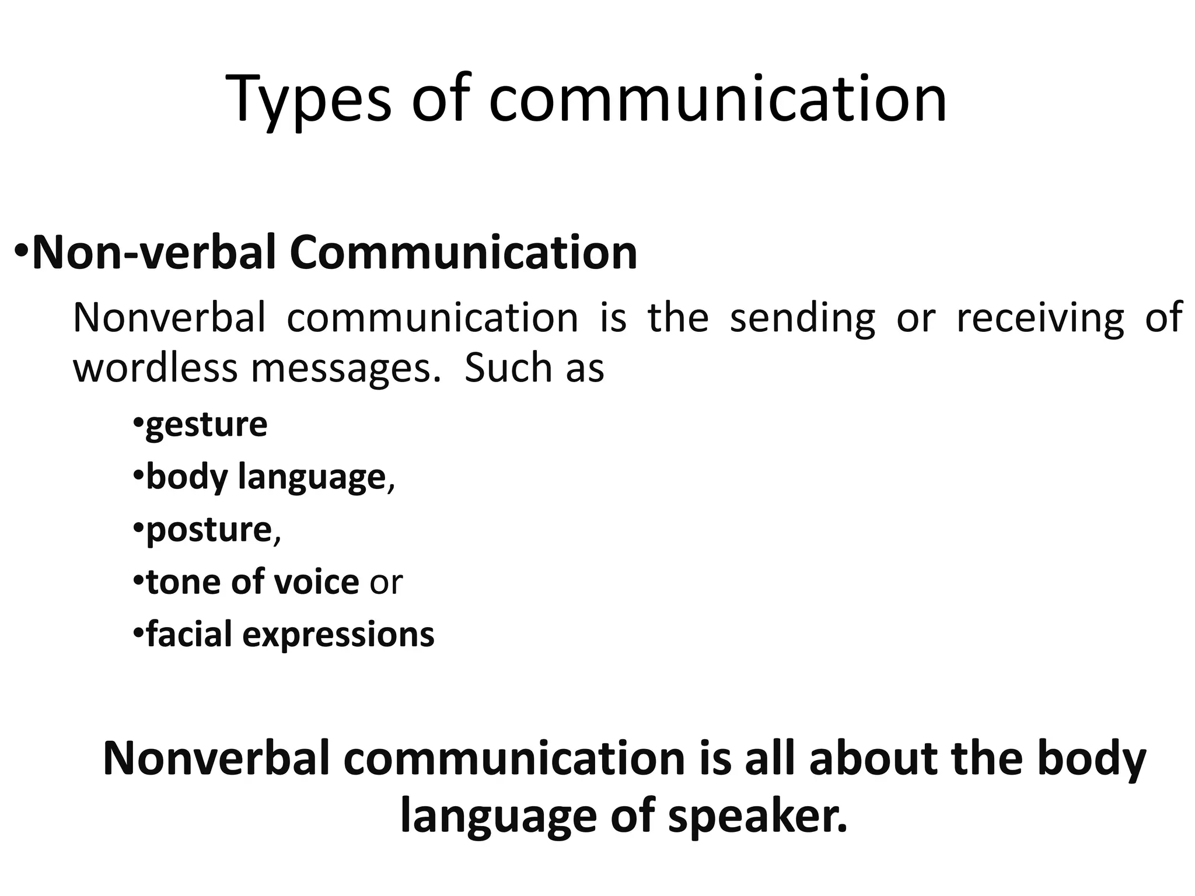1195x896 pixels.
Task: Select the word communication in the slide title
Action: click(x=717, y=99)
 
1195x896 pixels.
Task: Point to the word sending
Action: click(x=802, y=318)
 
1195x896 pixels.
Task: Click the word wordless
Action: click(x=155, y=369)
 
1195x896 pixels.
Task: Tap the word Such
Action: click(x=508, y=369)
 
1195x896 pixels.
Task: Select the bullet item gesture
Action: click(x=207, y=425)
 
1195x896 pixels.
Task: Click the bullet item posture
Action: click(x=209, y=530)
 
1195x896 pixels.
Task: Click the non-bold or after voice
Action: click(x=386, y=583)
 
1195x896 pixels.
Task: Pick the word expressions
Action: click(x=338, y=635)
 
